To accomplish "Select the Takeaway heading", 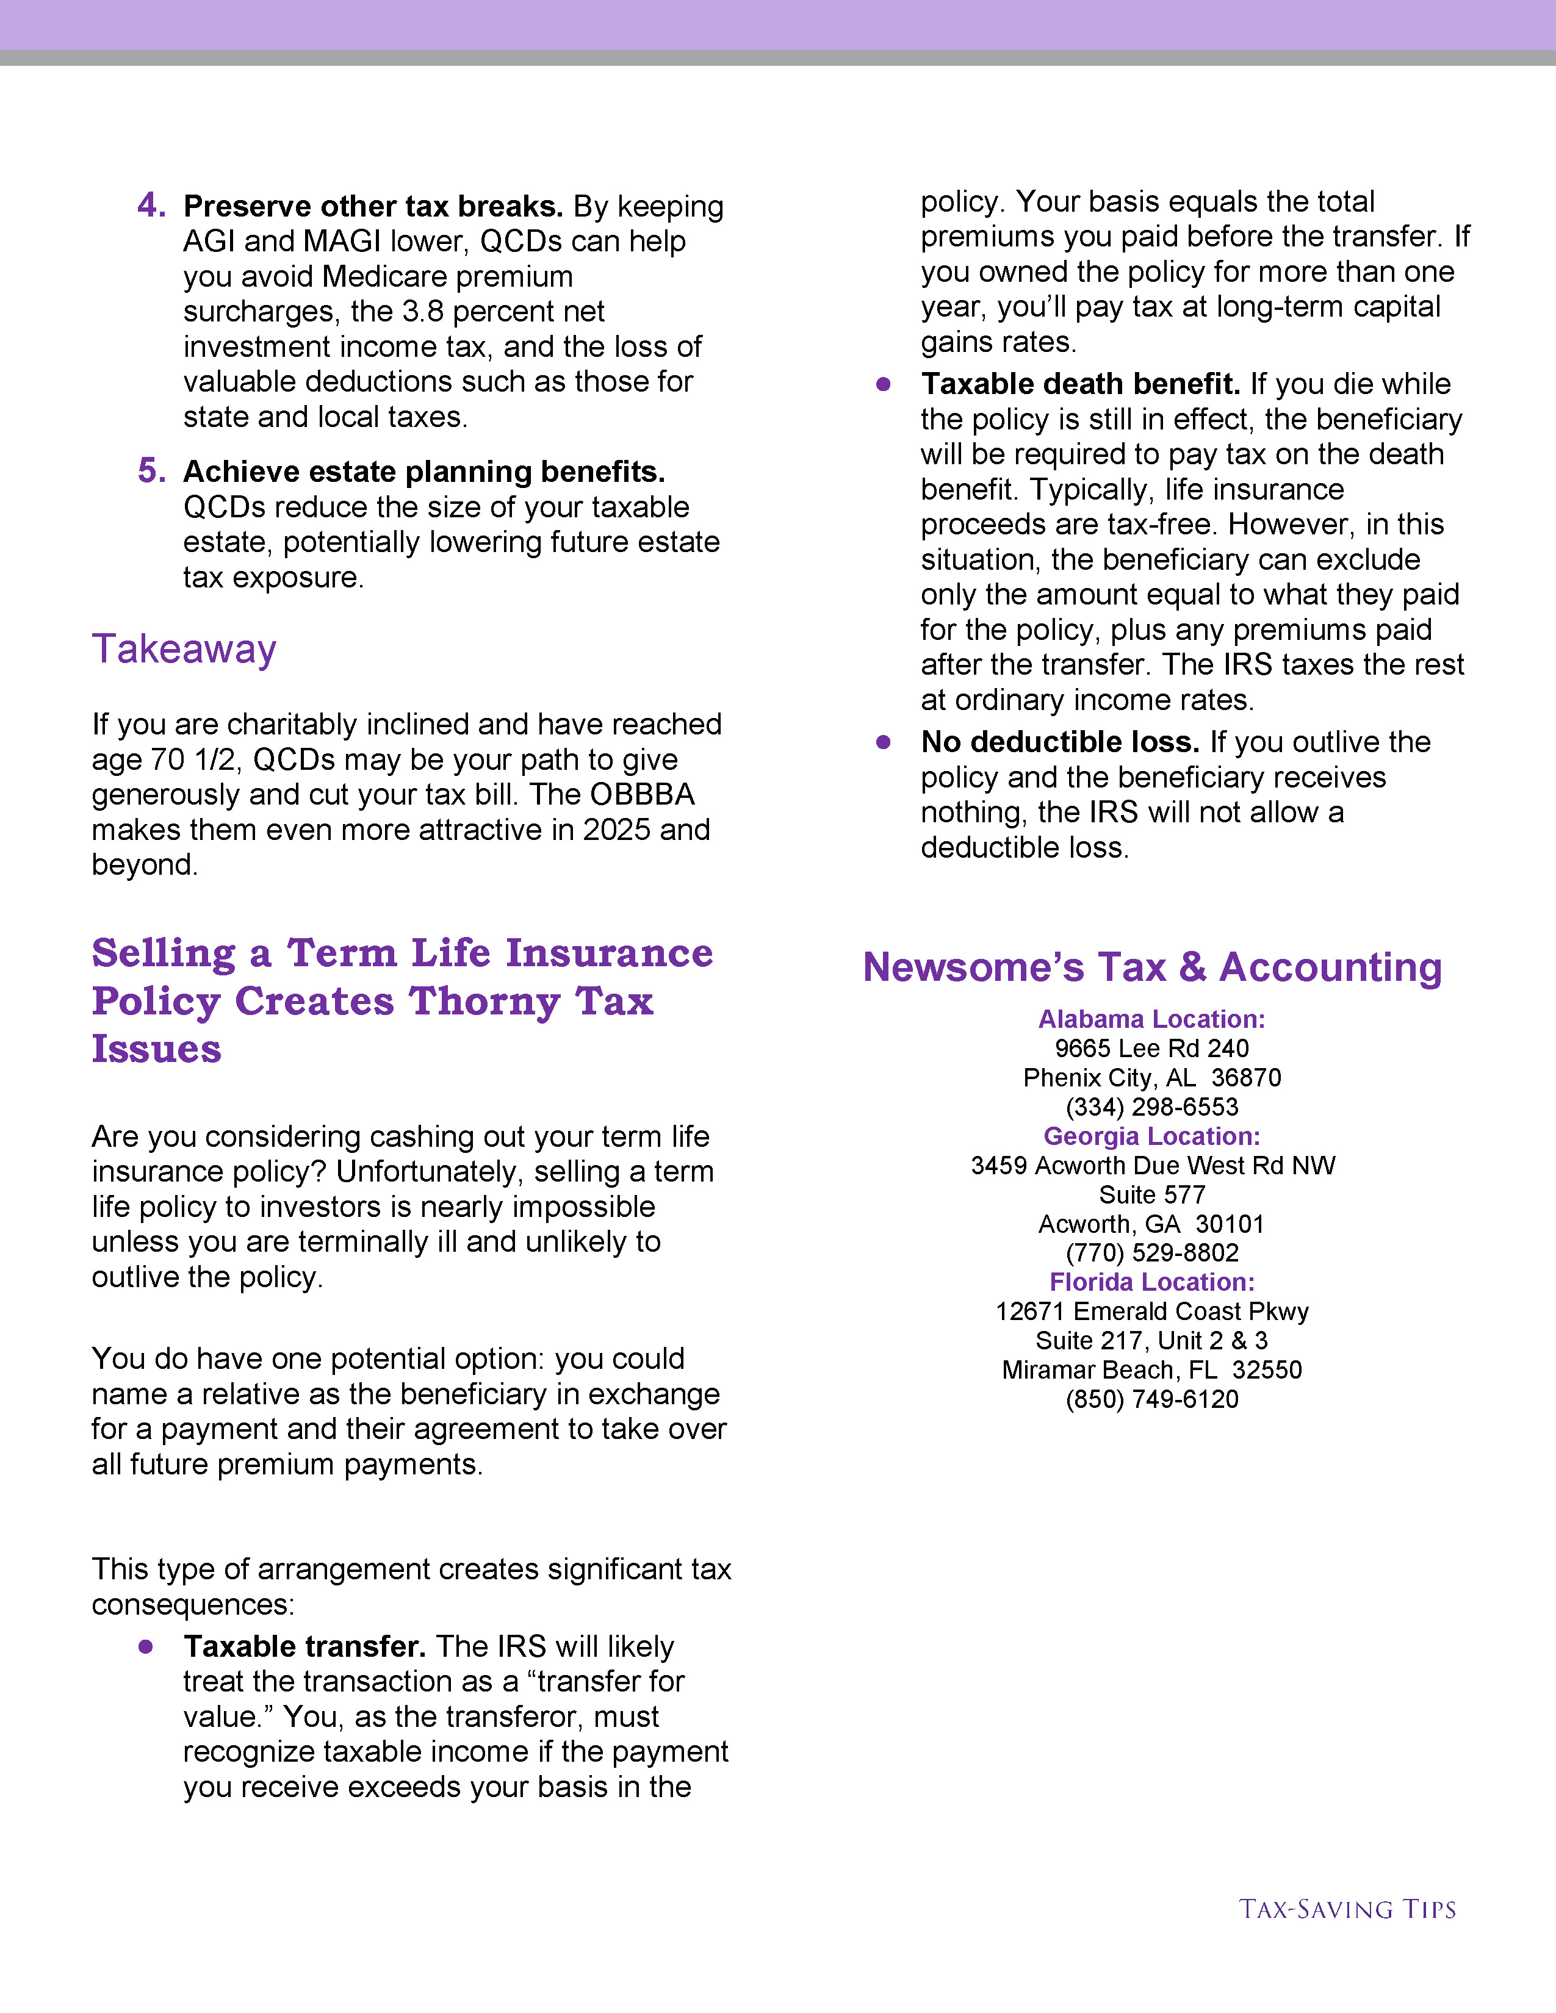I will pos(184,649).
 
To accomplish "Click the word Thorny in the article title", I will pos(484,1001).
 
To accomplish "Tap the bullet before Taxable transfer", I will pos(146,1646).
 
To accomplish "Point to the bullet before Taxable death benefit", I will pos(883,384).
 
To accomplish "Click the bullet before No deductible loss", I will pos(883,742).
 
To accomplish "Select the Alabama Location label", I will pos(1151,1019).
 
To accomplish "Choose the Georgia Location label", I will pos(1151,1136).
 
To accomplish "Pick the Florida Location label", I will pos(1151,1282).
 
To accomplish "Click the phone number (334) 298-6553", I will pos(1151,1107).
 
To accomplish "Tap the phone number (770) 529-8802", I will pos(1151,1252).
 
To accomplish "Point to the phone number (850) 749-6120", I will pos(1151,1399).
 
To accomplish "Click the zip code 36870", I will pos(1245,1077).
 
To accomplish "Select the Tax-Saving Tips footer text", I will pos(1347,1909).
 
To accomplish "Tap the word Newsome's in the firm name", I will pos(973,968).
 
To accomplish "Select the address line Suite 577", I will pos(1151,1194).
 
